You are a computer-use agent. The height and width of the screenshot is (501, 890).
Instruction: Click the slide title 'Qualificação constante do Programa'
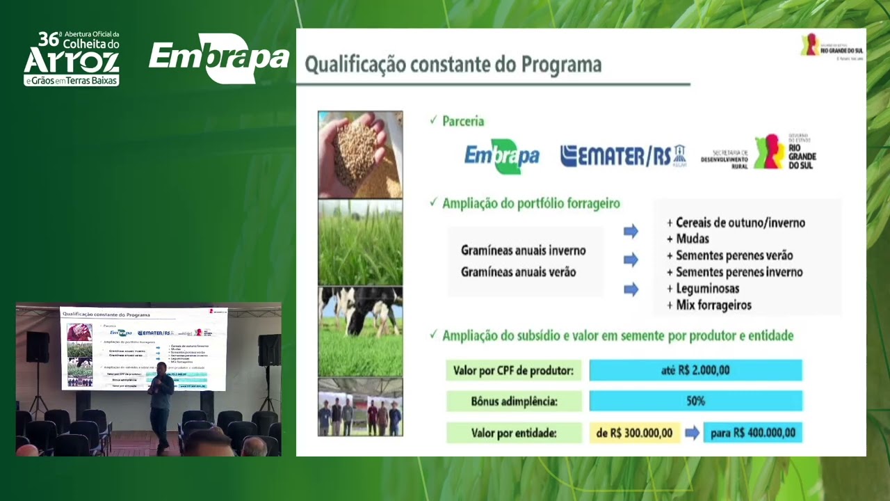coord(453,65)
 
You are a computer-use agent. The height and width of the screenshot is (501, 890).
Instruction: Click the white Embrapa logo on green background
coord(219,58)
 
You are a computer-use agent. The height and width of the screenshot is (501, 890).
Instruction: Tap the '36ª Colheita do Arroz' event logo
coord(72,58)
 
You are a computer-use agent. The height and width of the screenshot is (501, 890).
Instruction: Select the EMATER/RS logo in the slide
coord(622,156)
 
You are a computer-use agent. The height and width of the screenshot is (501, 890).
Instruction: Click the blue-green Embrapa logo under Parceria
coord(501,156)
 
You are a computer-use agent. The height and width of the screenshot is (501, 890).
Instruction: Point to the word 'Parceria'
coord(463,121)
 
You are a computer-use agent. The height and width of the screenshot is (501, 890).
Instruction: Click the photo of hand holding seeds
coord(360,154)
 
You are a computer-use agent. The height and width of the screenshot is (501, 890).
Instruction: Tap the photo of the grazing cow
coord(360,331)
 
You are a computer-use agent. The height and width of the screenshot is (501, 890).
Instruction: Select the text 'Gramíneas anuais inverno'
coord(523,250)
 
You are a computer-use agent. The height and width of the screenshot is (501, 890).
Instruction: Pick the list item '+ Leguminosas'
coord(702,288)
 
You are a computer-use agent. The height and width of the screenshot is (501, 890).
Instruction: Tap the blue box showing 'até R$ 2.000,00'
coord(695,370)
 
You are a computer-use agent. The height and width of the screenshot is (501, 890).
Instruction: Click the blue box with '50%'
coord(695,401)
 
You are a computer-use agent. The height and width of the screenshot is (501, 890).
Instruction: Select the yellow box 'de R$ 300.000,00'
coord(635,433)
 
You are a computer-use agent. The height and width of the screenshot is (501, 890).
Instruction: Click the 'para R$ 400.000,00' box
coord(752,433)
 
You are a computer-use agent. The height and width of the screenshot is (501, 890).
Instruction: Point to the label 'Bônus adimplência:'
coord(513,401)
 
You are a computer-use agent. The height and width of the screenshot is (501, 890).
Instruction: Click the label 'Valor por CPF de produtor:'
coord(513,370)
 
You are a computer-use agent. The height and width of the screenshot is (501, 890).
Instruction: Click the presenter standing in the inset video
coord(161,407)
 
